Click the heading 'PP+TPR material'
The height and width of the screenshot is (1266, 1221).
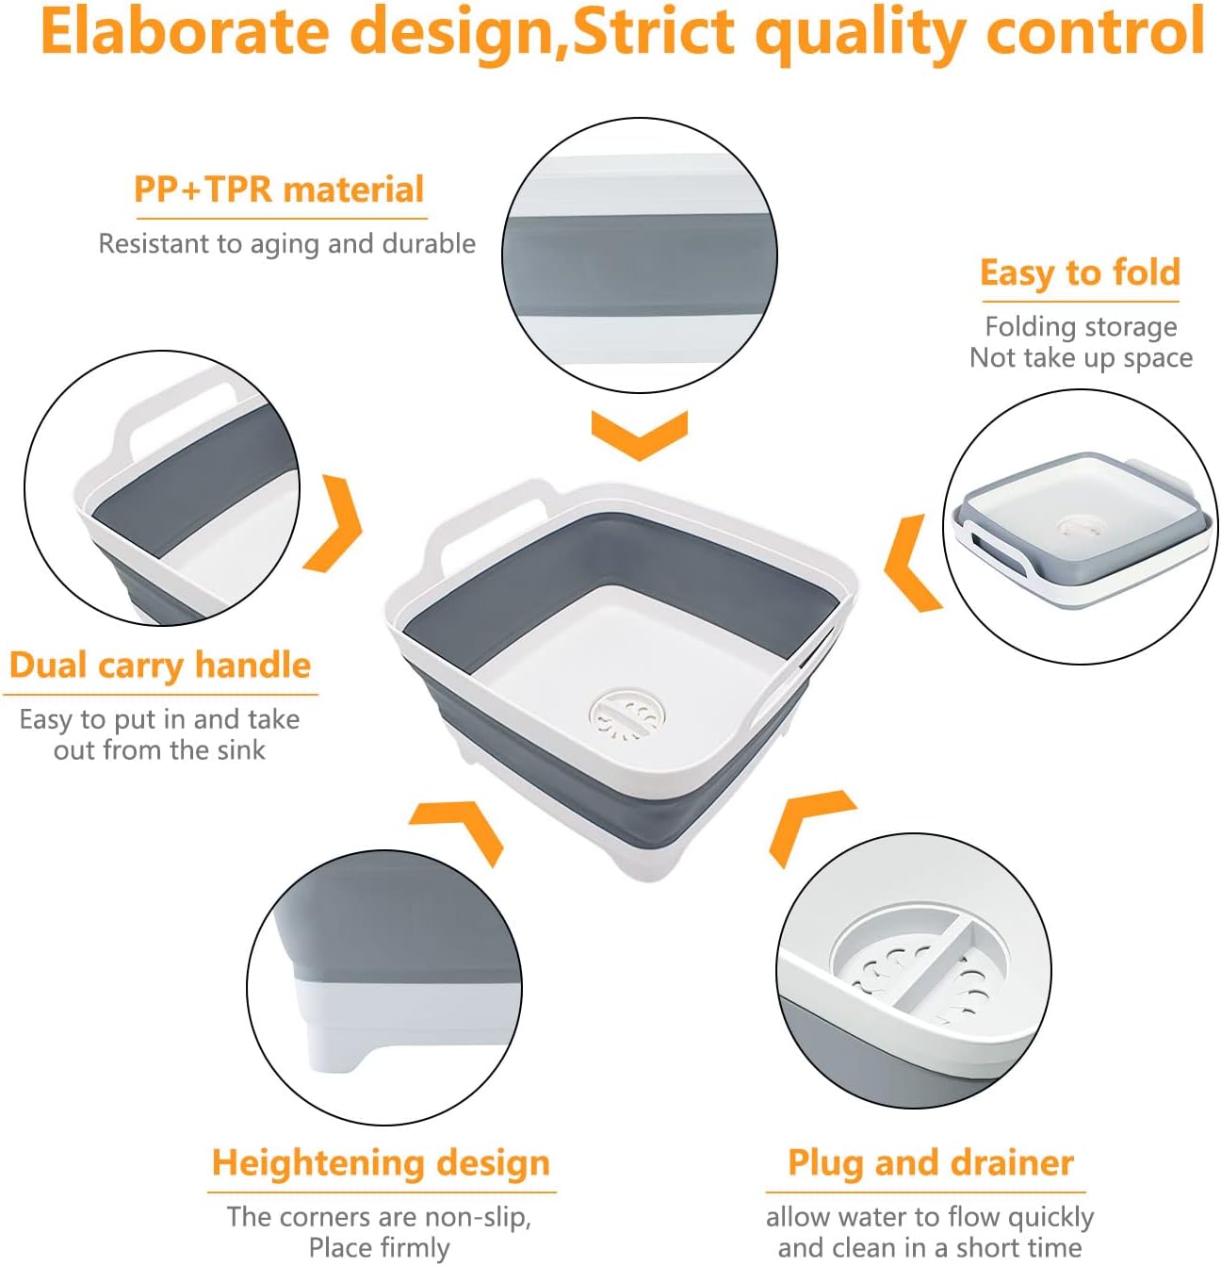279,190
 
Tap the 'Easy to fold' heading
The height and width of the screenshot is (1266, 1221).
1080,272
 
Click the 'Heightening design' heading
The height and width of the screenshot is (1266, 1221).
381,1163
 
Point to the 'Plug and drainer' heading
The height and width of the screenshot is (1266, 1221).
931,1162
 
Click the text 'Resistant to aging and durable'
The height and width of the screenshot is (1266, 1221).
286,244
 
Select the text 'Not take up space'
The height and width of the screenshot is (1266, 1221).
1081,358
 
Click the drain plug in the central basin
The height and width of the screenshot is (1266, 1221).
627,716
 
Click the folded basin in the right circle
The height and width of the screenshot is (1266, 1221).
1080,529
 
